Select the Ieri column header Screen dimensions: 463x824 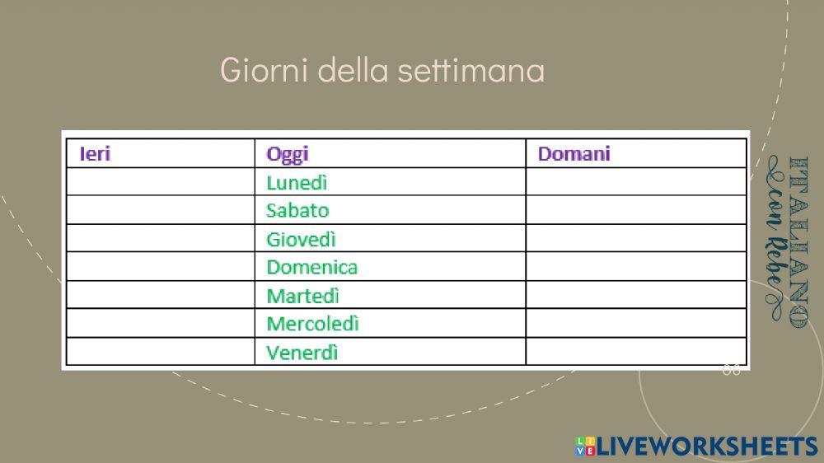(95, 153)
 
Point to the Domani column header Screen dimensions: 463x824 (574, 153)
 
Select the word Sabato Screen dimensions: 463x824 (297, 210)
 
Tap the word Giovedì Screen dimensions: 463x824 (301, 239)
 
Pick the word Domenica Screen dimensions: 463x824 (311, 267)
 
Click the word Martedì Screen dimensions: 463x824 (302, 295)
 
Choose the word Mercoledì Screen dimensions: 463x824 (312, 324)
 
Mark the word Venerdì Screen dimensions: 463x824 (302, 353)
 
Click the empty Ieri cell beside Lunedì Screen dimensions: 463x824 (160, 182)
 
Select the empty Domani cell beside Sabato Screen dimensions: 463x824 (635, 210)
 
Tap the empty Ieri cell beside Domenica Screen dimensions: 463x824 (160, 267)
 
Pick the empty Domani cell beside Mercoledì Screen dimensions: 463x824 (635, 324)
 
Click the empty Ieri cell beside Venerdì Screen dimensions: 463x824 (160, 353)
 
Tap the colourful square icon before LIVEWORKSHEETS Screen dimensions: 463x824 (585, 446)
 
